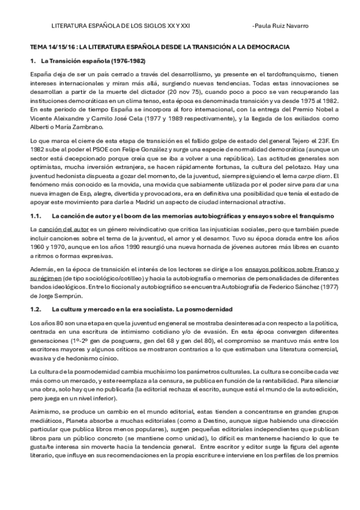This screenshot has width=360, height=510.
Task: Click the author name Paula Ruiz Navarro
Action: click(281, 27)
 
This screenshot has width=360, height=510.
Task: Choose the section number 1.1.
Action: click(35, 215)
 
